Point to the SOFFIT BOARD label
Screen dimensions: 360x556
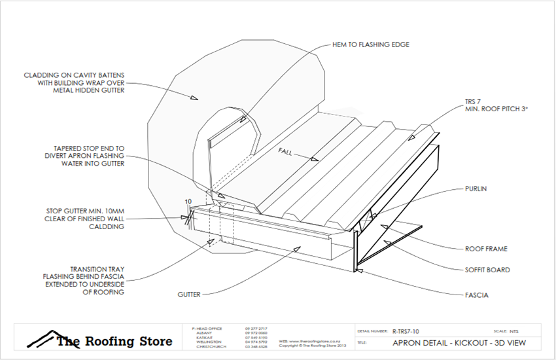tap(487, 270)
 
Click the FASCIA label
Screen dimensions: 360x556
tap(476, 295)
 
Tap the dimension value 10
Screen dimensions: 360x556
tap(188, 202)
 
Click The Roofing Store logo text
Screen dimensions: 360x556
tap(114, 342)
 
